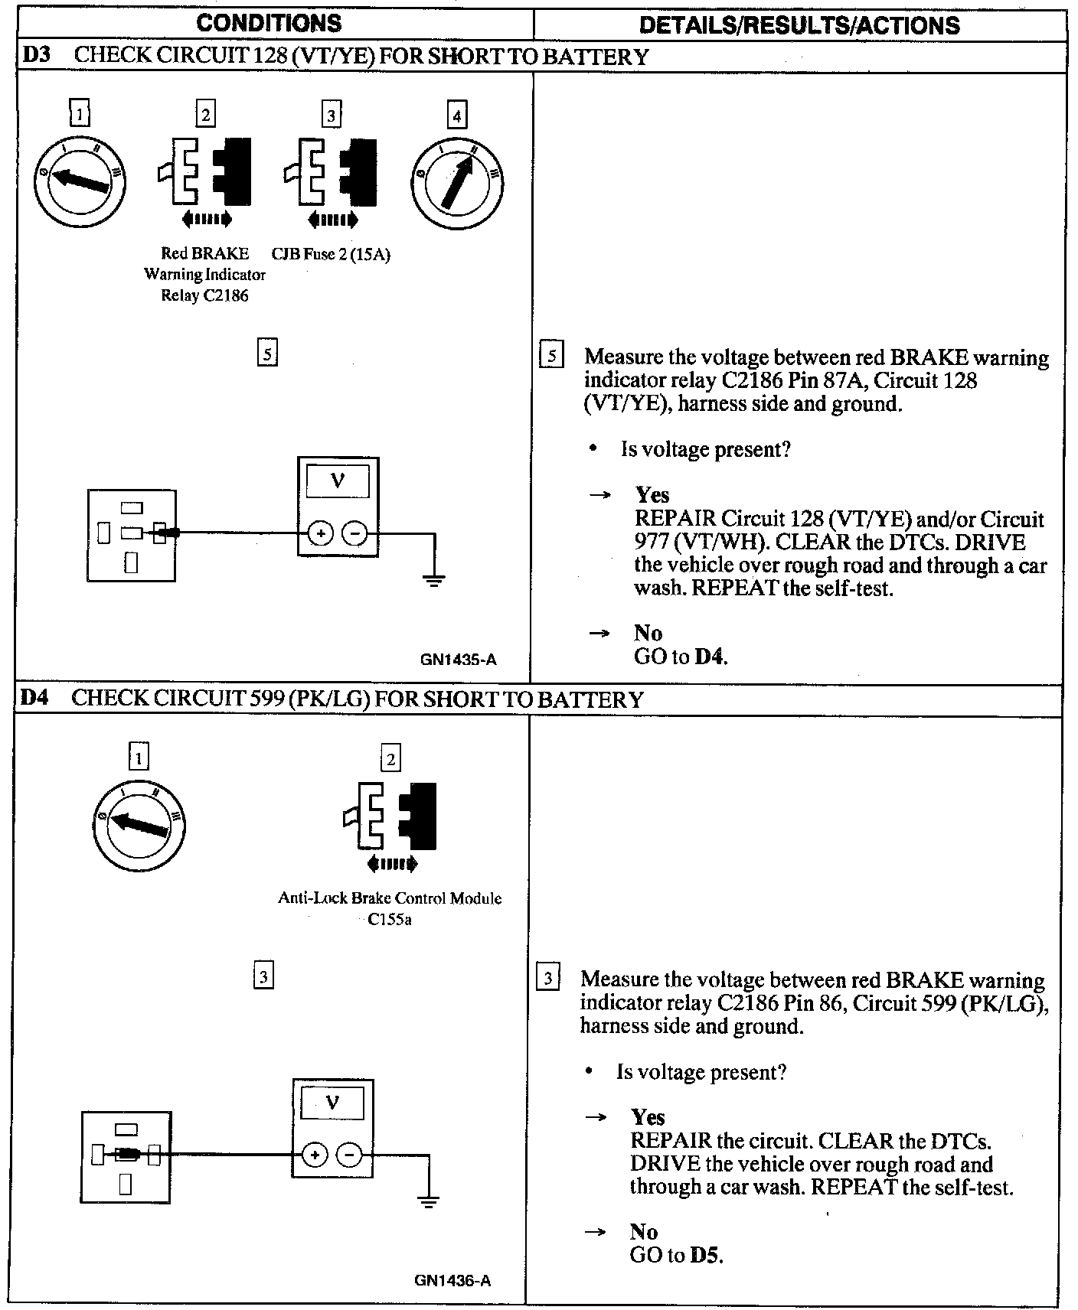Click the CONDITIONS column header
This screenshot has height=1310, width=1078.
[x=269, y=23]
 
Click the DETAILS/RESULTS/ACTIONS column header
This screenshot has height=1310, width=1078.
[x=799, y=25]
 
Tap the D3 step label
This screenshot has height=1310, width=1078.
[x=36, y=56]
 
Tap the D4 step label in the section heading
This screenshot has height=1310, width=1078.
[x=34, y=698]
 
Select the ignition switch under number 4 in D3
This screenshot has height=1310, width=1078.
[x=458, y=184]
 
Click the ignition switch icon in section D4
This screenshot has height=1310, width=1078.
[x=139, y=826]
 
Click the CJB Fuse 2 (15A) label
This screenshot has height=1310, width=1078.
[x=331, y=255]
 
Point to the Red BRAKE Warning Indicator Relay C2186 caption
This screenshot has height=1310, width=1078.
[x=204, y=274]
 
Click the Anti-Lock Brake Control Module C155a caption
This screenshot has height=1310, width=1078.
[x=390, y=908]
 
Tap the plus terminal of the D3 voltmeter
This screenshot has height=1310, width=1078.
[x=321, y=533]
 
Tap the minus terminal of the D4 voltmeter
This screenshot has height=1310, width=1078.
[x=349, y=1155]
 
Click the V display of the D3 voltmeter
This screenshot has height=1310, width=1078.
[x=337, y=482]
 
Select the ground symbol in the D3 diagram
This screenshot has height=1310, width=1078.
[x=434, y=580]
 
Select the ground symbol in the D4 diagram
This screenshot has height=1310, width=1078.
[x=429, y=1201]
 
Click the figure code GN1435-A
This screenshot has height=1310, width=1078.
[x=458, y=659]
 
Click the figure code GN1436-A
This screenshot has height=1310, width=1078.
[x=452, y=1280]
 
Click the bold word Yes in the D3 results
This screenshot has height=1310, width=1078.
[x=652, y=494]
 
